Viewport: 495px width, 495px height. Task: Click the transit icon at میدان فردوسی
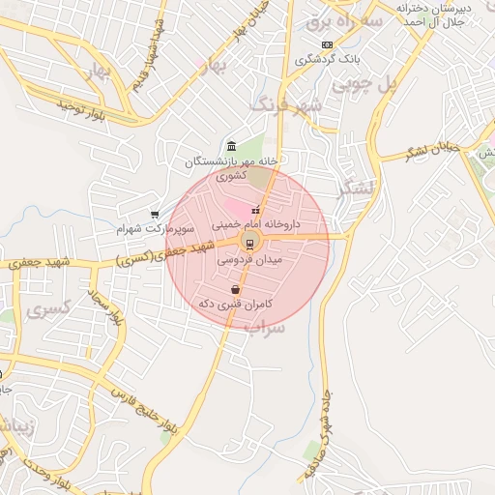click(248, 243)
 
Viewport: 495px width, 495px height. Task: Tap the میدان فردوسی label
click(249, 260)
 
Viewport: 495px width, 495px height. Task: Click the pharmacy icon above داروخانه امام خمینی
click(255, 210)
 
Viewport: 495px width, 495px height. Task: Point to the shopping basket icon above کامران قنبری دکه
click(235, 289)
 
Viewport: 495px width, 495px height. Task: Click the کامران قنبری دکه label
click(235, 304)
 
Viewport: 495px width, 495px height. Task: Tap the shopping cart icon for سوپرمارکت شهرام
click(155, 215)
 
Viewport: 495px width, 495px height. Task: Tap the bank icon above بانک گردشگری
click(327, 44)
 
